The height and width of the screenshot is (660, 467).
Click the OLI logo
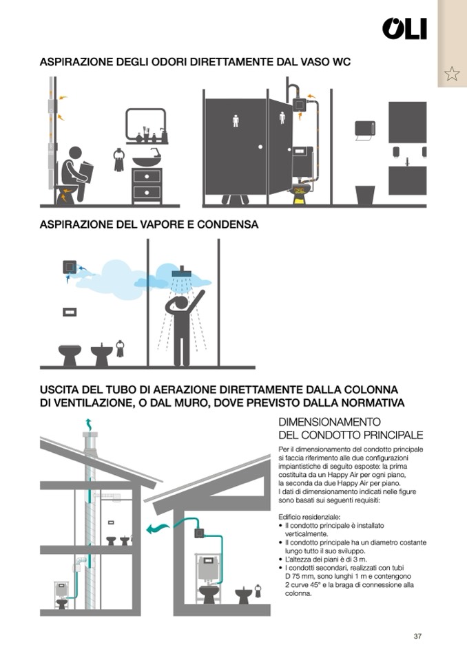pyautogui.click(x=404, y=29)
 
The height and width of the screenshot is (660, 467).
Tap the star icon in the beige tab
pyautogui.click(x=452, y=74)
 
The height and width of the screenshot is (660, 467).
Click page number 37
pyautogui.click(x=417, y=636)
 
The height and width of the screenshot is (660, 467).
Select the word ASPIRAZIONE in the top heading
pyautogui.click(x=76, y=62)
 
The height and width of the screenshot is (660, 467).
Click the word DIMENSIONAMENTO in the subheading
pyautogui.click(x=329, y=422)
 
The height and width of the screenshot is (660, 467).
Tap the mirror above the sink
pyautogui.click(x=146, y=125)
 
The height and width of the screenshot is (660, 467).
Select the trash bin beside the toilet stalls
pyautogui.click(x=365, y=195)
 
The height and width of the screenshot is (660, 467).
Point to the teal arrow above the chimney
pyautogui.click(x=88, y=424)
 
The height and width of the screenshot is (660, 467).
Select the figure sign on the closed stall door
pyautogui.click(x=236, y=121)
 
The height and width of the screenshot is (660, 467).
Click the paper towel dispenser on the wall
pyautogui.click(x=364, y=130)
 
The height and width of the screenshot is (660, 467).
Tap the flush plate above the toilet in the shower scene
pyautogui.click(x=70, y=312)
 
